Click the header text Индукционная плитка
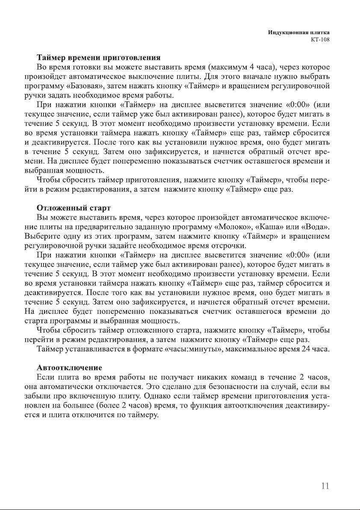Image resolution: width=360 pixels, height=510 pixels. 301,32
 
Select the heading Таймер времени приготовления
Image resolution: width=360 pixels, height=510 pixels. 98,57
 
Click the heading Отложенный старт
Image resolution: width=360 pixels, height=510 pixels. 74,208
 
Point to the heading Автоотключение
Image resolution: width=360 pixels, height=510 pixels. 69,367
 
